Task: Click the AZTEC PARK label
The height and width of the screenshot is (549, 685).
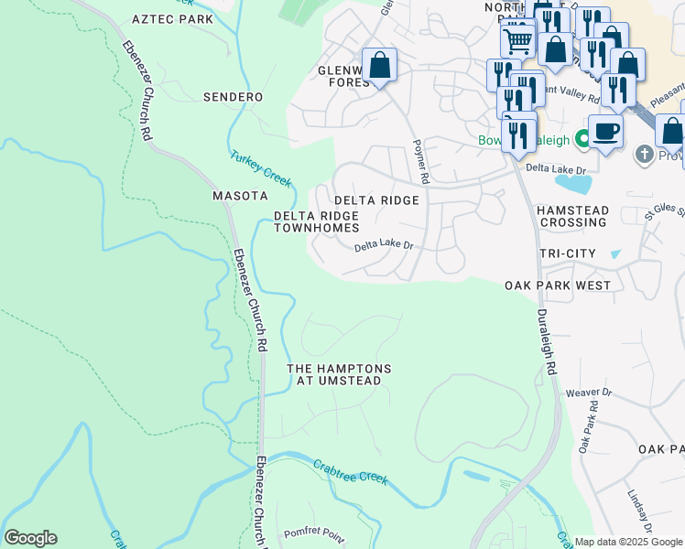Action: pyautogui.click(x=171, y=18)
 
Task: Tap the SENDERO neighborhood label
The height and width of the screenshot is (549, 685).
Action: pyautogui.click(x=233, y=97)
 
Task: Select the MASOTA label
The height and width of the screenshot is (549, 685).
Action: pyautogui.click(x=240, y=196)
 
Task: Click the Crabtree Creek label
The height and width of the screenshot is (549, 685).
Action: pyautogui.click(x=350, y=472)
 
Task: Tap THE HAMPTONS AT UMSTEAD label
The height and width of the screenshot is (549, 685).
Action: pyautogui.click(x=339, y=374)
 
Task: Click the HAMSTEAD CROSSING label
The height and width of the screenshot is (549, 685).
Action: pyautogui.click(x=571, y=216)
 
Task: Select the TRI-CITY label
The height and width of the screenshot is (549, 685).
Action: pyautogui.click(x=568, y=253)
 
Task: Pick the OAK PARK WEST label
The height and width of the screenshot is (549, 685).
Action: pyautogui.click(x=558, y=285)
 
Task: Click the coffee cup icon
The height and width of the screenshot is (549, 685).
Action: pyautogui.click(x=605, y=131)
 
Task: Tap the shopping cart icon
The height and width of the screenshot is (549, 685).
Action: pyautogui.click(x=517, y=39)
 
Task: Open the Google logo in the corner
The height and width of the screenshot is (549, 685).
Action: pyautogui.click(x=30, y=538)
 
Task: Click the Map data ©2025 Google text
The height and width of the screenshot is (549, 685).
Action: pyautogui.click(x=628, y=542)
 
